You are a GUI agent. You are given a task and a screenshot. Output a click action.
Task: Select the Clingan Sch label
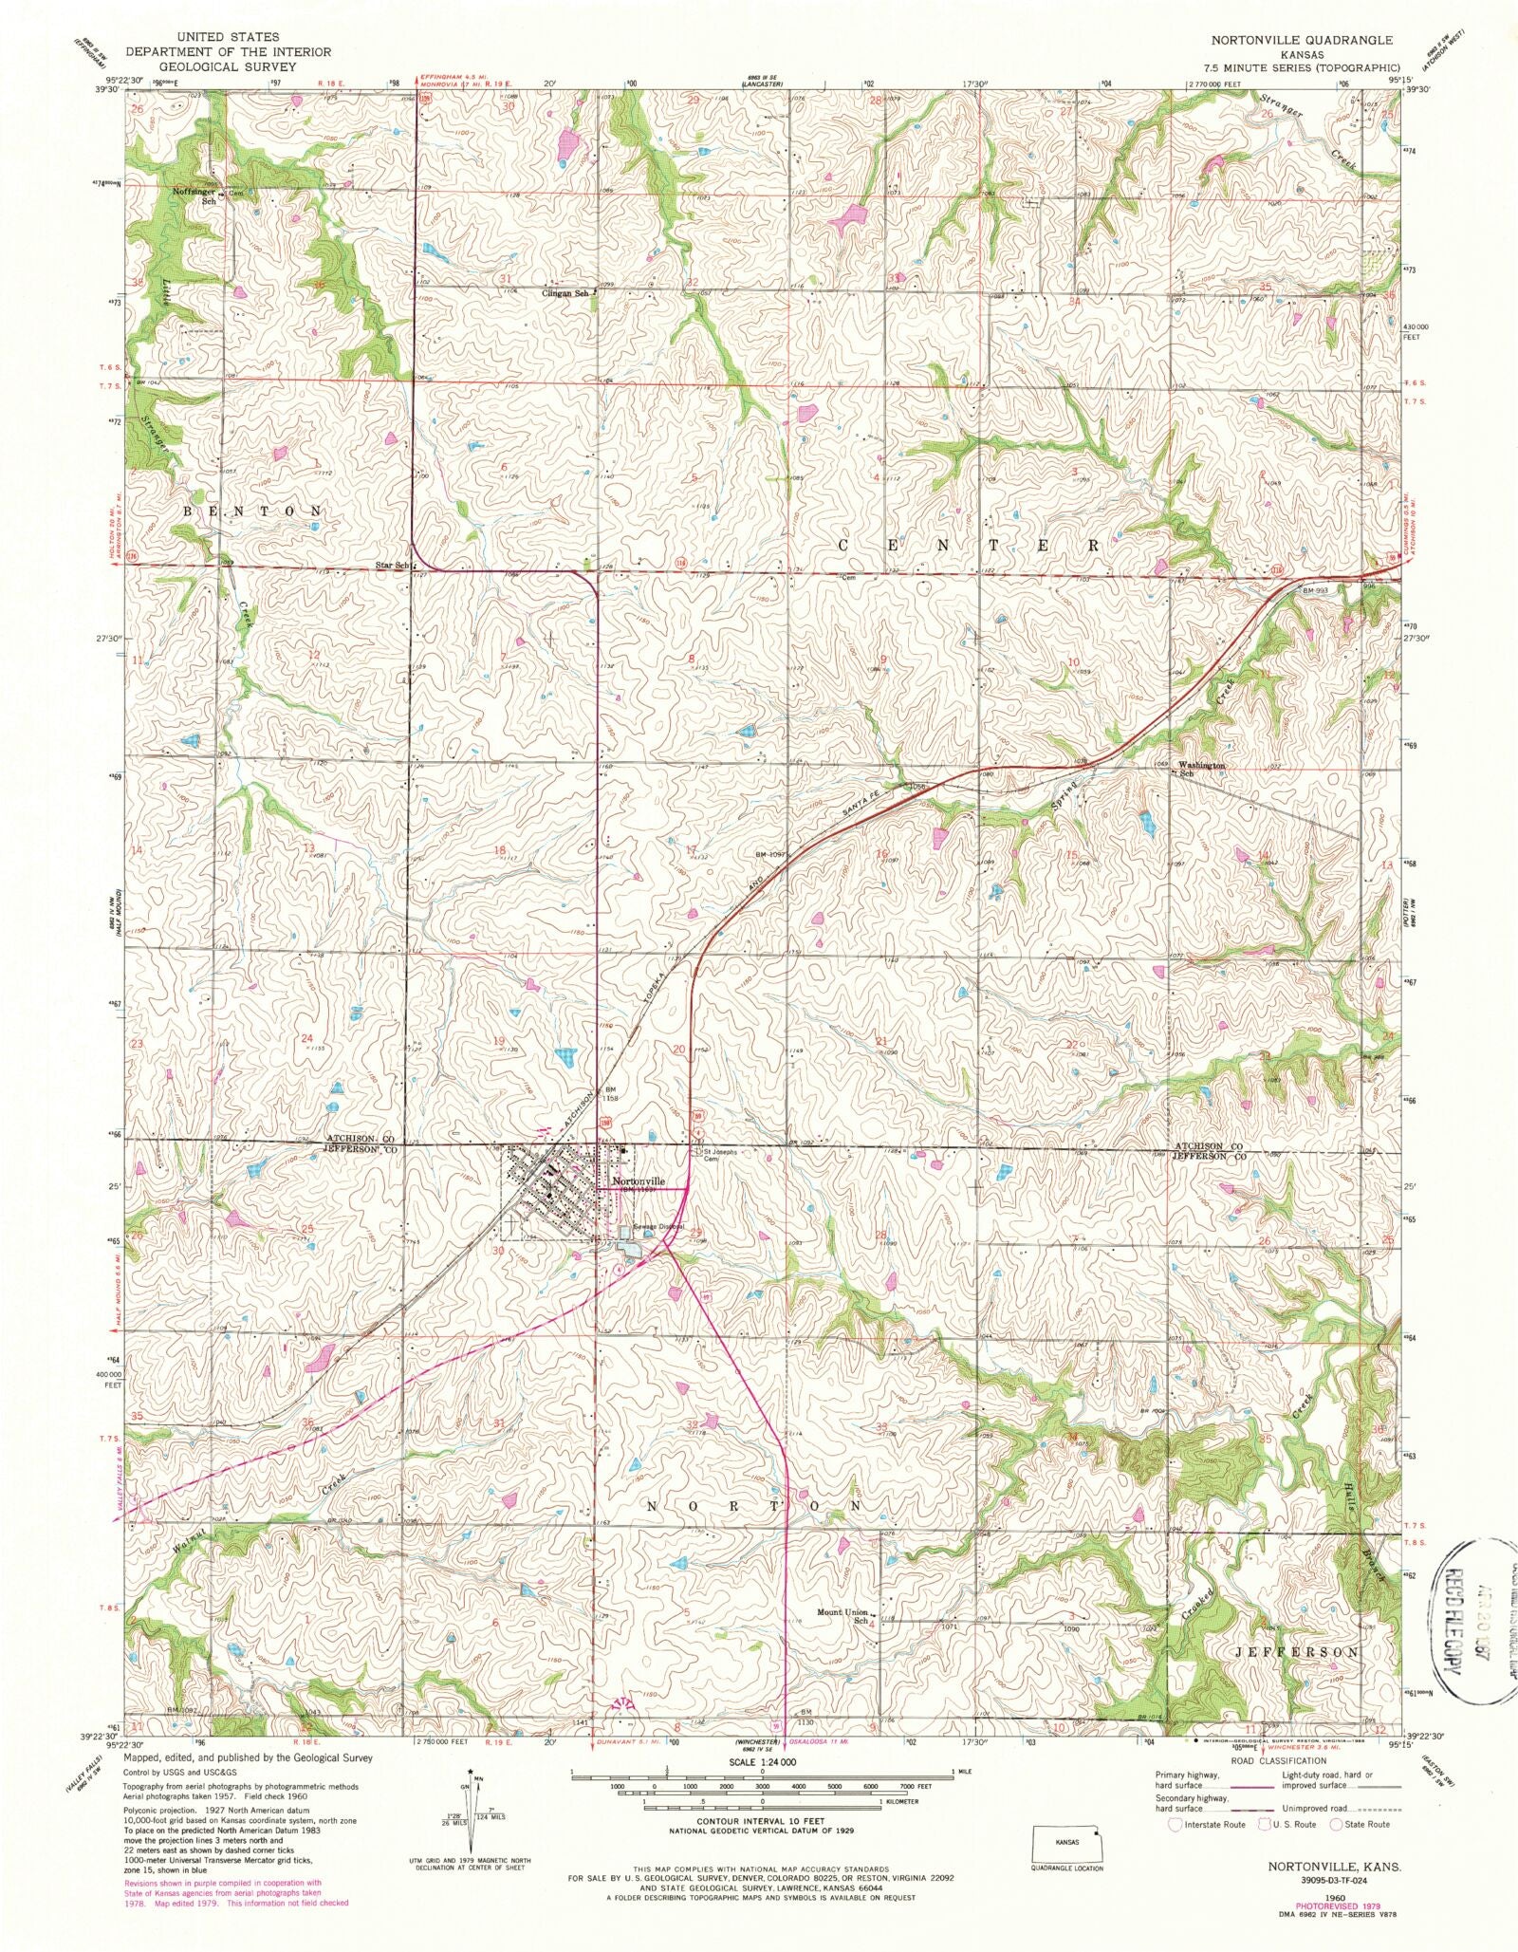point(566,293)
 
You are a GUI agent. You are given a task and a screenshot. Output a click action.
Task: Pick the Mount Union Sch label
point(843,1616)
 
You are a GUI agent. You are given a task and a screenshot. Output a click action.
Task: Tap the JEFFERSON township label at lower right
point(1296,1652)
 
